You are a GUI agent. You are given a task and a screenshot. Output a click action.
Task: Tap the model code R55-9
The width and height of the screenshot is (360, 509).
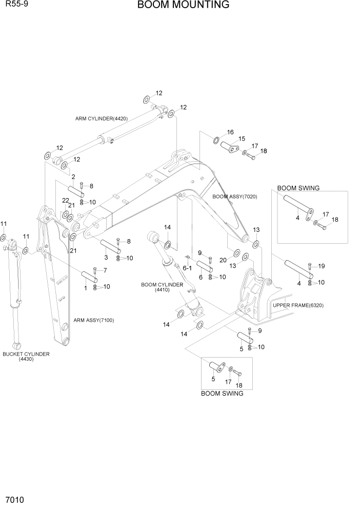[15, 5]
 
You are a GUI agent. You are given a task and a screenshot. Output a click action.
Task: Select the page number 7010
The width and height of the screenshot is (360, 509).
[15, 499]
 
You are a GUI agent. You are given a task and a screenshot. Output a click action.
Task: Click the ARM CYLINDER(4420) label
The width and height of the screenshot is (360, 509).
[102, 119]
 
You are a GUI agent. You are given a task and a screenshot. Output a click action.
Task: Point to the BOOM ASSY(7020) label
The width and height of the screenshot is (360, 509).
[234, 197]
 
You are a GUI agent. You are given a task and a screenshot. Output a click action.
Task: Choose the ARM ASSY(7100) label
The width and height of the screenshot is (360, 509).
[93, 320]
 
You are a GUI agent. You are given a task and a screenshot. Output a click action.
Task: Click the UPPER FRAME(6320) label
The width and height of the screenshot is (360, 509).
[298, 305]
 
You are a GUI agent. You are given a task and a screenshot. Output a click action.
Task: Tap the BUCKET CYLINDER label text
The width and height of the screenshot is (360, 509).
[26, 354]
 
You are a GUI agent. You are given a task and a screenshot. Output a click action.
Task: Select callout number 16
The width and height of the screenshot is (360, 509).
[230, 132]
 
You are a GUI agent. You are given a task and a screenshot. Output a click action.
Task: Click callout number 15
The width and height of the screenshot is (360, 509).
[242, 139]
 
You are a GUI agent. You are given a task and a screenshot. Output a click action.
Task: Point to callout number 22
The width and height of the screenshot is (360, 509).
[66, 200]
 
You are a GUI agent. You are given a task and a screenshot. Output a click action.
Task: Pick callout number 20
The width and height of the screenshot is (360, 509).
[223, 260]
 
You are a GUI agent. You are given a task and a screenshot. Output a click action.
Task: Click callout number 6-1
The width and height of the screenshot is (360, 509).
[187, 268]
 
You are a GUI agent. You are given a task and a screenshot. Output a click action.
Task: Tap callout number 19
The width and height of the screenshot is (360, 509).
[322, 266]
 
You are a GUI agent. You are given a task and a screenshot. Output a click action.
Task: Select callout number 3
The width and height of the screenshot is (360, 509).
[106, 257]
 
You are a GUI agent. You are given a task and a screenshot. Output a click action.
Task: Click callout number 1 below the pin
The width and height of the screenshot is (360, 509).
[85, 288]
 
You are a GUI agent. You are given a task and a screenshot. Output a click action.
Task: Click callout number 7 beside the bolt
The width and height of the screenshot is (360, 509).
[105, 270]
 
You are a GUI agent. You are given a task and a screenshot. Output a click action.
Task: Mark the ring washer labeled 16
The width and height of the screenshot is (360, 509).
[216, 140]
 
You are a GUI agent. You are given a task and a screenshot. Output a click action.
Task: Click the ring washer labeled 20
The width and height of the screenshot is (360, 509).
[236, 253]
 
